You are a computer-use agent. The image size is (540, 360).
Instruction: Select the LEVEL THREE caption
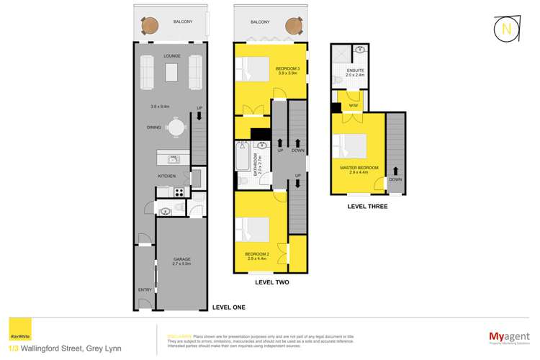pos(366,206)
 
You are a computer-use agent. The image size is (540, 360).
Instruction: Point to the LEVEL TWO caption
pos(272,282)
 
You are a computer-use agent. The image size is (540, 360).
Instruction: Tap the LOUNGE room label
pos(173,55)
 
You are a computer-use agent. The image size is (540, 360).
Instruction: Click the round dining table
pos(176,127)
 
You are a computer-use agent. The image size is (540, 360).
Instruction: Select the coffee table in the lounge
pos(172,72)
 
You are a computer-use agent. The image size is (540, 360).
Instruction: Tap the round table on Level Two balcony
pos(292,26)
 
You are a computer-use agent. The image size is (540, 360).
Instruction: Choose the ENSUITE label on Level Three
pos(356,71)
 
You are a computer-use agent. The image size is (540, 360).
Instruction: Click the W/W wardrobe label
pos(353,106)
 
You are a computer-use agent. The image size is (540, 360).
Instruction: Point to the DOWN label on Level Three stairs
pos(395,179)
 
